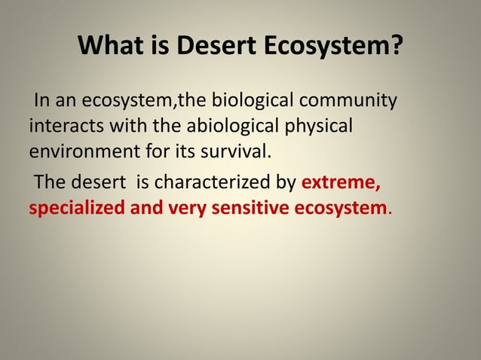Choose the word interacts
tap(60, 125)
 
